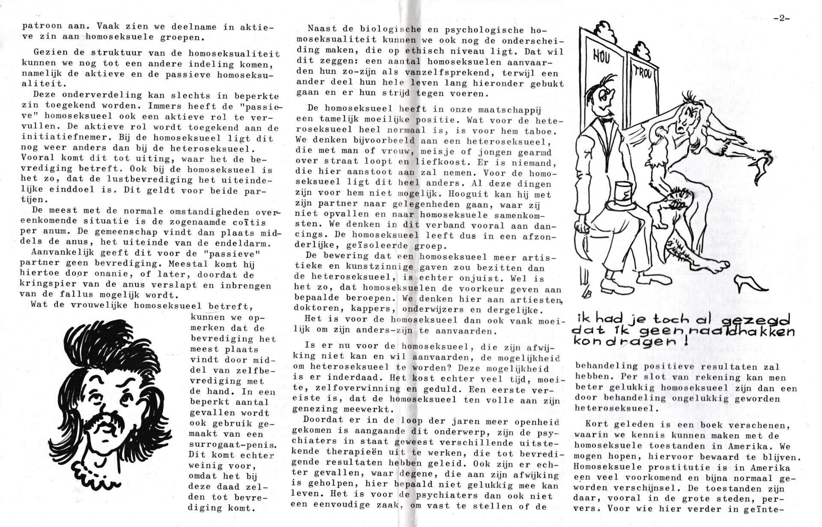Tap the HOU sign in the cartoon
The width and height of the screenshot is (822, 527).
click(601, 56)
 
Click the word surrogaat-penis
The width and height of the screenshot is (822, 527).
click(226, 444)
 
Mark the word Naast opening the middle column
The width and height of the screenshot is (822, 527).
click(322, 30)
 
